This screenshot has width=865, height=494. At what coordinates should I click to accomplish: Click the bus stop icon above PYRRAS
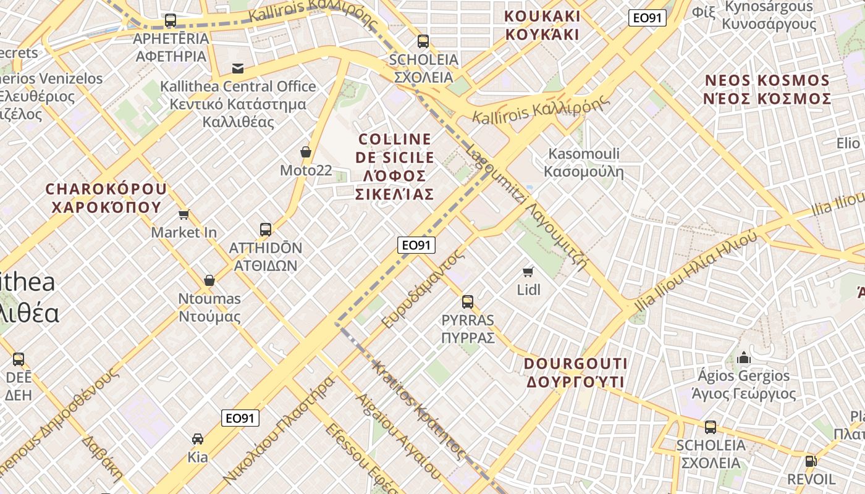(468, 302)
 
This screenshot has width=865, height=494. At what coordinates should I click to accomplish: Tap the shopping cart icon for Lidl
(528, 272)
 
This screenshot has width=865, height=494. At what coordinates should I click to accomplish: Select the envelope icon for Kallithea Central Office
(237, 68)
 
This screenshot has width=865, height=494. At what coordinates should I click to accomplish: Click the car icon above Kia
(198, 439)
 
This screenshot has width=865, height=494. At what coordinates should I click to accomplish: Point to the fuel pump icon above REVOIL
(810, 461)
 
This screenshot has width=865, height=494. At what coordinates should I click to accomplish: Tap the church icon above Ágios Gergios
(744, 358)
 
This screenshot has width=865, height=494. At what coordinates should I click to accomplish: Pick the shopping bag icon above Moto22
(305, 152)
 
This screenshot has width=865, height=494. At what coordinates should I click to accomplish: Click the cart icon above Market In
(184, 214)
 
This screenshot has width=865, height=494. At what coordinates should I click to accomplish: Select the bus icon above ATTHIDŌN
(266, 230)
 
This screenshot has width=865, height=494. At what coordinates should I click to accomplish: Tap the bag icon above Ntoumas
(209, 280)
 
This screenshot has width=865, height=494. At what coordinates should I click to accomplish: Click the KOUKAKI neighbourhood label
(542, 25)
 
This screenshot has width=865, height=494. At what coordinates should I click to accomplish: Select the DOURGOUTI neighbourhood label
(575, 373)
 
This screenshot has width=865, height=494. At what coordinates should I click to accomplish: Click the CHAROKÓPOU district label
(106, 198)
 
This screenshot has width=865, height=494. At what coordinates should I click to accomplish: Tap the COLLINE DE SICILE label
(394, 167)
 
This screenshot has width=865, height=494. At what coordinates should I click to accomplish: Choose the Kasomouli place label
(584, 162)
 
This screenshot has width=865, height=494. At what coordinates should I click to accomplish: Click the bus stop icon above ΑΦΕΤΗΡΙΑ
(171, 20)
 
